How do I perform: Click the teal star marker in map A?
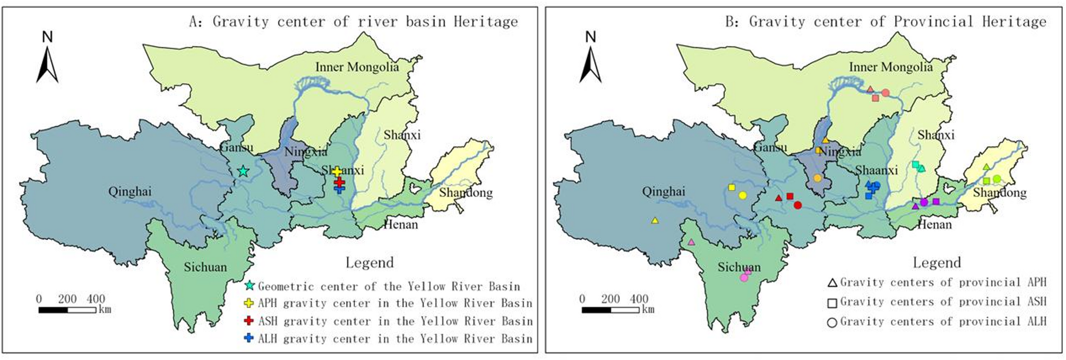coord(243,171)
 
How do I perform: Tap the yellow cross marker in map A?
coord(337,172)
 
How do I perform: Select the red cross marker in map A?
coord(339,182)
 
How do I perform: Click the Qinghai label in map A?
coord(130,192)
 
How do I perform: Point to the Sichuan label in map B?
coord(739,267)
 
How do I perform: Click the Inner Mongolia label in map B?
coord(890,67)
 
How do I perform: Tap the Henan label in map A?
coord(400,225)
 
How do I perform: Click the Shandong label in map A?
coord(466,193)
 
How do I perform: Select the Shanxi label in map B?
coord(936,135)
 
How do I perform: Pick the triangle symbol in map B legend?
coord(832,283)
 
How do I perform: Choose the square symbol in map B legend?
coord(832,303)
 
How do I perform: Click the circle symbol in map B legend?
coord(832,322)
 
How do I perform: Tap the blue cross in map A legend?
coord(248,338)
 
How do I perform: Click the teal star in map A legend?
coord(249,286)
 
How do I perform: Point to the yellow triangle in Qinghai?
coord(655,220)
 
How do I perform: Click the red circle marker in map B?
coord(797,205)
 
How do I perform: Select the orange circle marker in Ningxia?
coord(818,178)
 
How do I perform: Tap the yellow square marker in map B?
coord(732,187)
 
